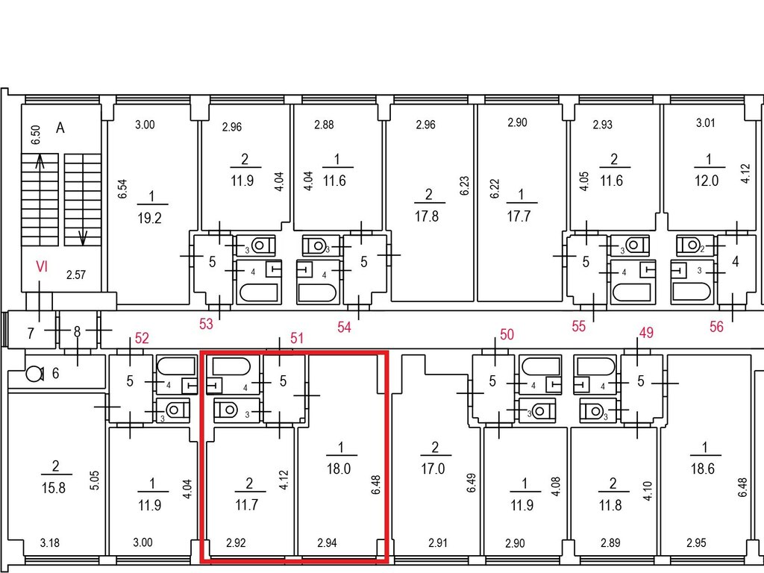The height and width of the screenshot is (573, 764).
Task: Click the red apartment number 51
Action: [297, 338]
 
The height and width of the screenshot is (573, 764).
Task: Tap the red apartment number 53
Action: [206, 324]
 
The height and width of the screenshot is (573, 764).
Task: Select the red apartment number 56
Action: [716, 327]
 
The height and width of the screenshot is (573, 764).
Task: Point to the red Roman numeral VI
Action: [42, 266]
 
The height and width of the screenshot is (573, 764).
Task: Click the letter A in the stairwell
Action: [60, 128]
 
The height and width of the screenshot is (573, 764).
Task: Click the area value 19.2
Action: [149, 218]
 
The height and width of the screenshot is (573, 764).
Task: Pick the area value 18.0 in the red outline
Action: [339, 469]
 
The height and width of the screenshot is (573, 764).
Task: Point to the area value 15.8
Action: [54, 488]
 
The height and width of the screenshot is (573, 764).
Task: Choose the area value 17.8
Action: [426, 216]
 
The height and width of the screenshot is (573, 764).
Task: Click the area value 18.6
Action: [703, 469]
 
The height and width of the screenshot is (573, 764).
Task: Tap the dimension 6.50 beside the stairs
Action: [36, 135]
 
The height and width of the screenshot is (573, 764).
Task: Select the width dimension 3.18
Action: [50, 543]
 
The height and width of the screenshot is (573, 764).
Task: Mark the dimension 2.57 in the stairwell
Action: [76, 275]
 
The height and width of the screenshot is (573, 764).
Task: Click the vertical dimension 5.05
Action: [95, 480]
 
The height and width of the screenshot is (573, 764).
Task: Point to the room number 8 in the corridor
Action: [77, 332]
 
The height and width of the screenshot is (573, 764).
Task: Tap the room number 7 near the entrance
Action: [31, 334]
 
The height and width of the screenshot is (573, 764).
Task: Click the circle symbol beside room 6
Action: [34, 375]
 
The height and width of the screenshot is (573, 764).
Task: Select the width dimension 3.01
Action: [706, 123]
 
